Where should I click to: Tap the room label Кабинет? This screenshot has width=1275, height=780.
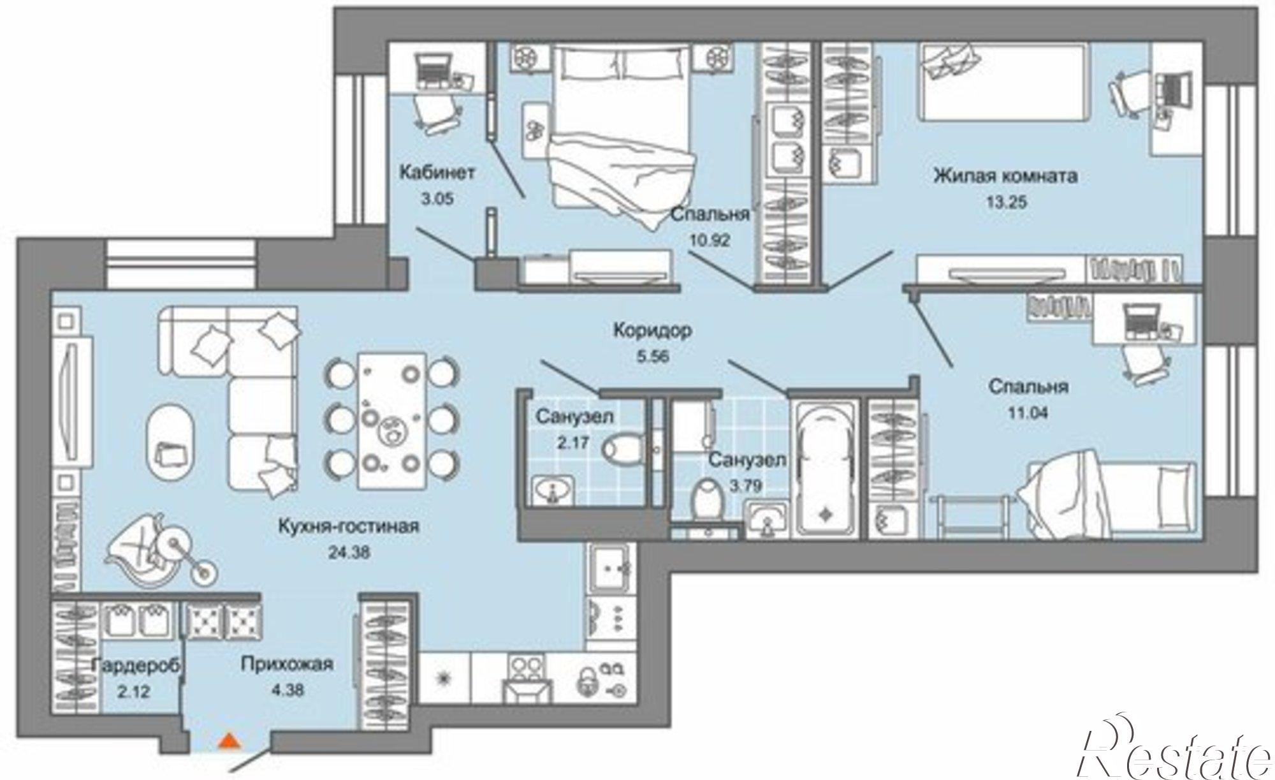coord(437,172)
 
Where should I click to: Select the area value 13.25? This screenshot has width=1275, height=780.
coord(1005,203)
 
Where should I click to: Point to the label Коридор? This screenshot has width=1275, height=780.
coord(652,331)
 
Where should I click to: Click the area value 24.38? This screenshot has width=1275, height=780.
coord(349,553)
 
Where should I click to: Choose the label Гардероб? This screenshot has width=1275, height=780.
coord(136,665)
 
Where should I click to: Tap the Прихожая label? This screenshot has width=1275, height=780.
coord(287,665)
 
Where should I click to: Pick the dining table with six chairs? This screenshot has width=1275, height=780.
coord(391,421)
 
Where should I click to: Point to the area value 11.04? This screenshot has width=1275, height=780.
coord(1027,413)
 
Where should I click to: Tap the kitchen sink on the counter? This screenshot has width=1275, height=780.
coord(610,567)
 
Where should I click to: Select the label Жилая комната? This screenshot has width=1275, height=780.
coord(1005,175)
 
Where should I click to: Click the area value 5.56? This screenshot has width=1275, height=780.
coord(652,357)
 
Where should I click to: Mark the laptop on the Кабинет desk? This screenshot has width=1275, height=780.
coord(433,70)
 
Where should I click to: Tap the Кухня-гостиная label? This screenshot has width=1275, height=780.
coord(349,527)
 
